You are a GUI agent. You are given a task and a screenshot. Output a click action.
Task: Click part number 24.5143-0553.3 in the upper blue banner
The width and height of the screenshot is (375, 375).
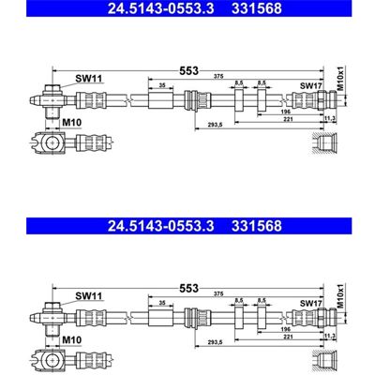coord(160,8)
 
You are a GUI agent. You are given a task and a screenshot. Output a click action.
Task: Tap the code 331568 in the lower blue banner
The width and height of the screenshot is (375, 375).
coord(257,226)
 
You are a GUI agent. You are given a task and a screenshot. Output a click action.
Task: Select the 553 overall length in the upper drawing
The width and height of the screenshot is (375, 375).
coord(188,71)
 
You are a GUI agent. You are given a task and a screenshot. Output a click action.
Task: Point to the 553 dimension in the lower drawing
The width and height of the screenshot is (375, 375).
coord(188,289)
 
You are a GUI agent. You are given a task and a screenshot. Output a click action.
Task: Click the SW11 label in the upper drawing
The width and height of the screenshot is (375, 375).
coord(89,79)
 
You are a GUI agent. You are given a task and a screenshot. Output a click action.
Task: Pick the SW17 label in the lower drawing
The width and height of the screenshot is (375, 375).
coord(311,303)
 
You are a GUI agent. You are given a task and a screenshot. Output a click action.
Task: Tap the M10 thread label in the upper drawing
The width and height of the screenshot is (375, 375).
coord(71,123)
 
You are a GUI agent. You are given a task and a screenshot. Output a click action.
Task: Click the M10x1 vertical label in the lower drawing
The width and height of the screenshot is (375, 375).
coord(340,296)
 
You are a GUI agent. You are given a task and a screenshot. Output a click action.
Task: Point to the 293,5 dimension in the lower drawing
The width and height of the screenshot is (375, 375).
coord(215,342)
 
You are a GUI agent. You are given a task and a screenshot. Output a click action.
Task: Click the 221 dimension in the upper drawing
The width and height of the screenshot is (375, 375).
coord(288,119)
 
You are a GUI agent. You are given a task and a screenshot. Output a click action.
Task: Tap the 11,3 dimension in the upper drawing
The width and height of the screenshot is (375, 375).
coord(330,118)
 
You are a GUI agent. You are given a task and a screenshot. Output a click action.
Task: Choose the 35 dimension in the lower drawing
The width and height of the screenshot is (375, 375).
coord(162,303)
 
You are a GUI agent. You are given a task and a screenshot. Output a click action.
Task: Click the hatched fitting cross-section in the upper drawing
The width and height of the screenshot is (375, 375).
coord(325,143)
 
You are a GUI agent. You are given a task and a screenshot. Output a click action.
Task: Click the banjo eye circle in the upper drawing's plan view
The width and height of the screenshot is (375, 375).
coord(52,142)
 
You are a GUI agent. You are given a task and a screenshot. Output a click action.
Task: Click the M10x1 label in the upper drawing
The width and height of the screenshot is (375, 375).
coord(340,79)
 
